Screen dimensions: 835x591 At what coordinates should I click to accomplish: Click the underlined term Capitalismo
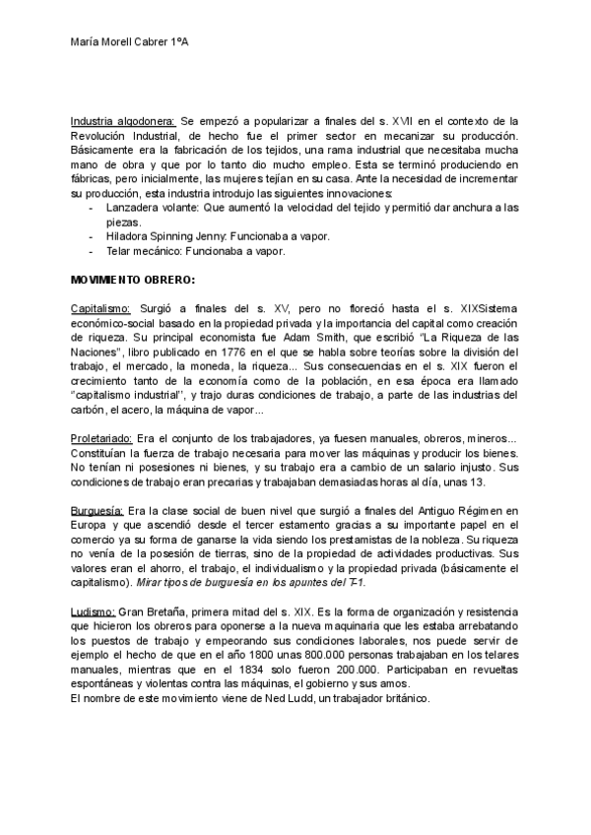pyautogui.click(x=101, y=308)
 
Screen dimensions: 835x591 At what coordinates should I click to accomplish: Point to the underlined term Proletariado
pyautogui.click(x=103, y=438)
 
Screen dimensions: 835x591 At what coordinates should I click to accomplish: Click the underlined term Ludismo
pyautogui.click(x=94, y=612)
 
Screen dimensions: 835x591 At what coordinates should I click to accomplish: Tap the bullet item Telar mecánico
pyautogui.click(x=149, y=251)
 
